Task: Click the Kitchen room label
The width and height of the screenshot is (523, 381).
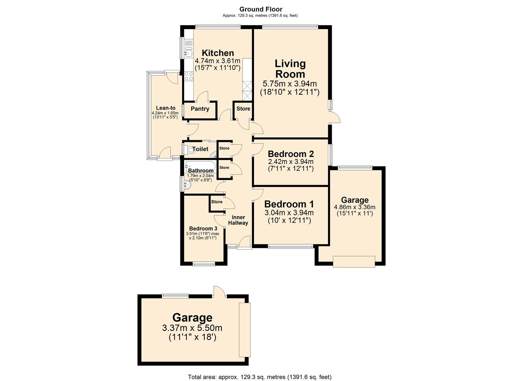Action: tap(218, 53)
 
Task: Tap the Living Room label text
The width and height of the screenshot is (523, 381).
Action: tap(290, 69)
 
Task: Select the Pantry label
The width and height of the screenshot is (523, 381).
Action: tap(200, 109)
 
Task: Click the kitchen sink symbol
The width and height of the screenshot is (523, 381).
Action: tap(188, 52)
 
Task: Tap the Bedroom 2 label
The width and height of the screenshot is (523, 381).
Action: tap(291, 154)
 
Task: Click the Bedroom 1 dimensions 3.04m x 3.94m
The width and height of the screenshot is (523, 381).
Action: tap(289, 213)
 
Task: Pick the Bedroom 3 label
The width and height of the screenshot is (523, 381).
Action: tap(203, 228)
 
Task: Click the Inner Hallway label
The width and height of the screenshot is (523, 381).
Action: tap(238, 220)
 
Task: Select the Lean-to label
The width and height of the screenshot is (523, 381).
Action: tap(166, 108)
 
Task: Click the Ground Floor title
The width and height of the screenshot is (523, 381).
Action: tap(261, 9)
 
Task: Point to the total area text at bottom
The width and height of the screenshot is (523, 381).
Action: tap(260, 377)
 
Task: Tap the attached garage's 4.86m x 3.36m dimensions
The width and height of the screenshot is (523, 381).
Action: tap(355, 207)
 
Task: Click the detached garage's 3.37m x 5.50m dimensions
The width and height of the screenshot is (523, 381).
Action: tap(192, 328)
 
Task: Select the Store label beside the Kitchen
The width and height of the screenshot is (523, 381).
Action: tap(243, 109)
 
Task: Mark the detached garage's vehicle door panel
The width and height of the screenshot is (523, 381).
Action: tap(244, 330)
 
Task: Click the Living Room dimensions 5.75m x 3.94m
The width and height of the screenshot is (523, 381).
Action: tap(289, 84)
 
